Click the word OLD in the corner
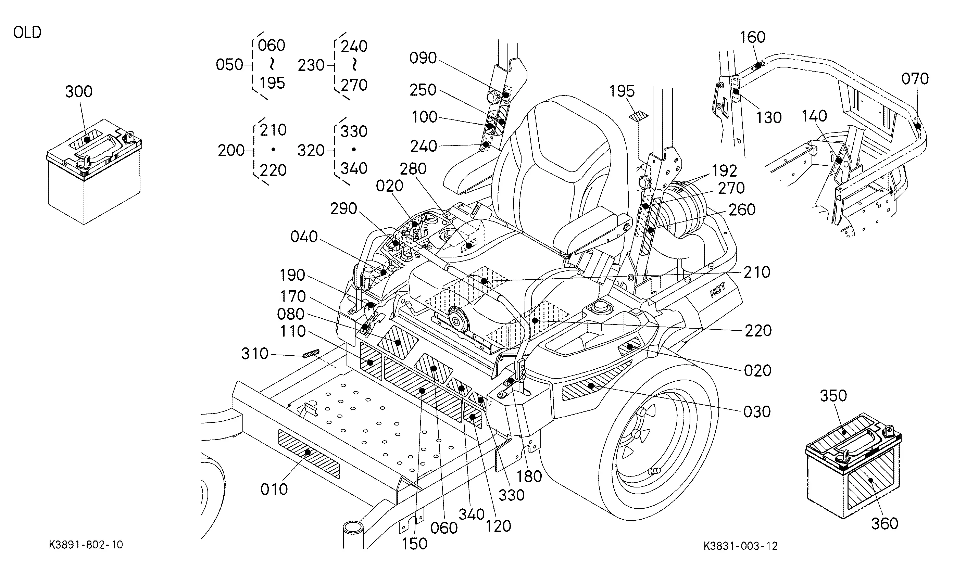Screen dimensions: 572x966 27,33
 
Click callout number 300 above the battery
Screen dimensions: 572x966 79,92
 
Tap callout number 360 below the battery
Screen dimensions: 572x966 885,523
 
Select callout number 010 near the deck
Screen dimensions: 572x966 274,490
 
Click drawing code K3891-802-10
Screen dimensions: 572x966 86,545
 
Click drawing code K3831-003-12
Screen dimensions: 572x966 740,546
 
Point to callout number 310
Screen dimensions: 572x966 255,354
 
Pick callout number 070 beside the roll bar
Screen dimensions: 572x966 915,79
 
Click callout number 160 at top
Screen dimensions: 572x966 752,37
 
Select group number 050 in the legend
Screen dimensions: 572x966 229,65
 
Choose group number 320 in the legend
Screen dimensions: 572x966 311,150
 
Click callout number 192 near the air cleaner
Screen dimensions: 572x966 724,171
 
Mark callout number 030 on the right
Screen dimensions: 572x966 757,412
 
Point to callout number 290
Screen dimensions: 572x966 343,208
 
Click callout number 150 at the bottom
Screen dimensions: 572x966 414,544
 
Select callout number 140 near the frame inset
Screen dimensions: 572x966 814,116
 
